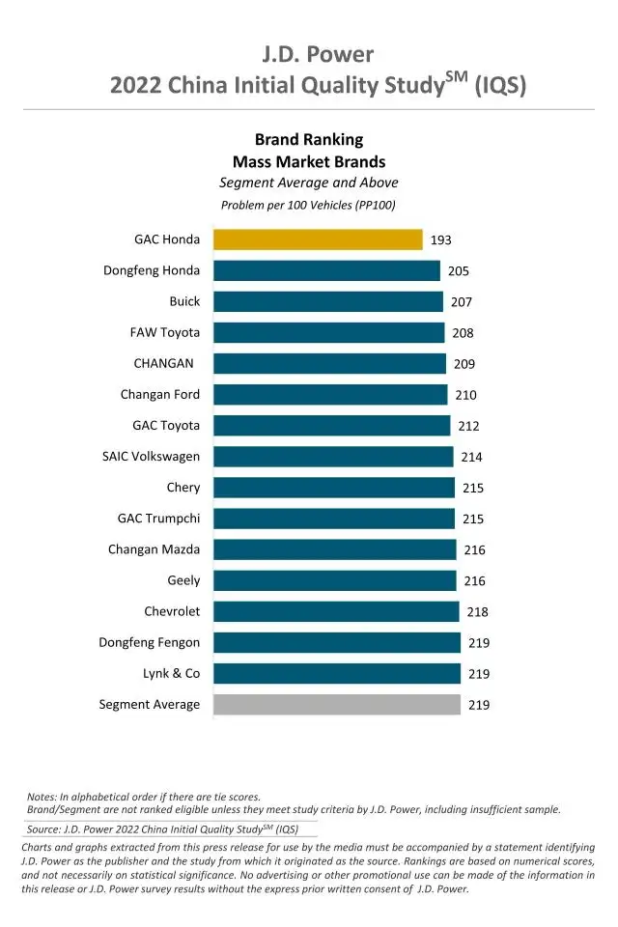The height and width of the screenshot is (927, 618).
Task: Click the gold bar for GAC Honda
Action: click(318, 239)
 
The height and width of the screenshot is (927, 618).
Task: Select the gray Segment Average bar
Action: click(337, 704)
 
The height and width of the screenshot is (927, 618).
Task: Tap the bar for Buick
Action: click(328, 301)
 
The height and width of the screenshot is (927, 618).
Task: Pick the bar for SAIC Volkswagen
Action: click(333, 457)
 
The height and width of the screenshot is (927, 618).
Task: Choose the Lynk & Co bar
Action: click(337, 673)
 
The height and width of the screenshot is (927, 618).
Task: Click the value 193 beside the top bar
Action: click(441, 240)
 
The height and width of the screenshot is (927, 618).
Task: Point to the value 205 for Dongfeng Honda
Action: click(459, 271)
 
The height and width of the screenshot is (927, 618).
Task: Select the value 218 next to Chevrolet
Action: click(477, 611)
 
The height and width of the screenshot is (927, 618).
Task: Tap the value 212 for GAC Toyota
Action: click(469, 426)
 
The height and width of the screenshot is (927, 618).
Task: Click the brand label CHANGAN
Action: click(163, 363)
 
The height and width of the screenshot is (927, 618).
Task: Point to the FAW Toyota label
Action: click(165, 332)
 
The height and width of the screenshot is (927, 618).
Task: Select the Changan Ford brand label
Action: click(160, 394)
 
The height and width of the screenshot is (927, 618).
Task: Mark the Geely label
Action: click(183, 580)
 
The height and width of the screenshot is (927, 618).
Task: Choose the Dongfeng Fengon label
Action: click(150, 642)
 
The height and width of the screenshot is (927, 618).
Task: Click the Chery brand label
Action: click(183, 488)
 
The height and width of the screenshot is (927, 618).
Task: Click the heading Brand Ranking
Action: click(309, 140)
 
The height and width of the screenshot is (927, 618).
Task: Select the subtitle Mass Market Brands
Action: click(309, 161)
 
